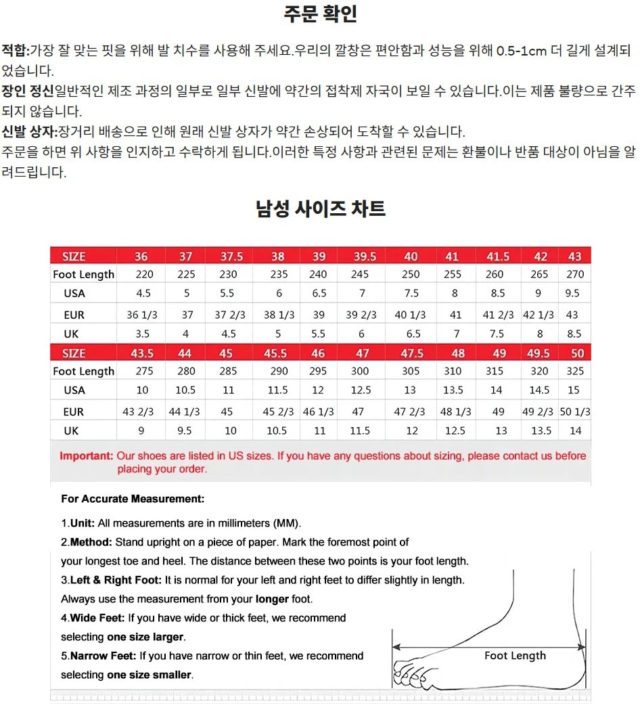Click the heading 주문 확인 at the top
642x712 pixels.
[321, 14]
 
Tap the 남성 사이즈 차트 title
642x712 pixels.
[321, 208]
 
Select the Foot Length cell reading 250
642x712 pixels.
[411, 274]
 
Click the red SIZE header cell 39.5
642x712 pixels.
[365, 257]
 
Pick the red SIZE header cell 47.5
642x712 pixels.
[411, 353]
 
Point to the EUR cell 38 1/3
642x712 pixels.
[278, 315]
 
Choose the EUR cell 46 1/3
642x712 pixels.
[319, 411]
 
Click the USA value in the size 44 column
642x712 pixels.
[185, 390]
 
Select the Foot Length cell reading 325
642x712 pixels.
[575, 371]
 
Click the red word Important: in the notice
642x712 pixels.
[87, 456]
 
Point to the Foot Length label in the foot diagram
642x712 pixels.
[515, 655]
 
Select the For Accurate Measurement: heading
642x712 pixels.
[133, 499]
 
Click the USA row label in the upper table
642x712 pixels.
[74, 293]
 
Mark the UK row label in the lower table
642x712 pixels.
[72, 430]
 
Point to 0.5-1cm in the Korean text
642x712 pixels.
[522, 51]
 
